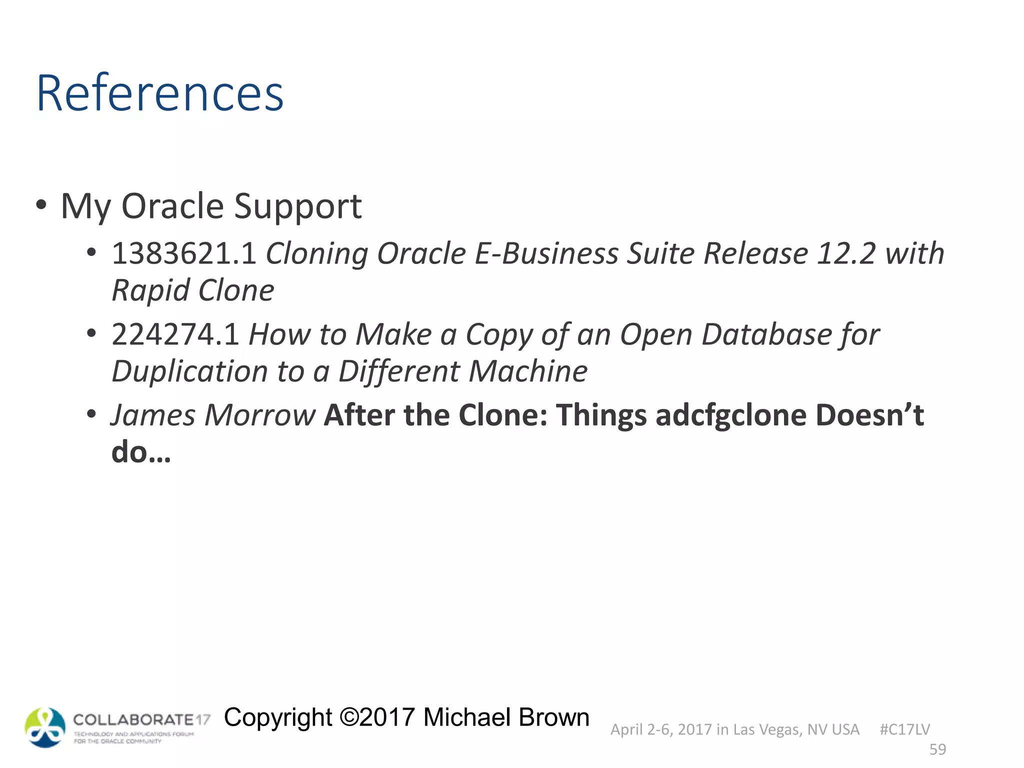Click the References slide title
[160, 93]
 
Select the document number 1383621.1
[183, 253]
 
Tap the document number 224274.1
[175, 334]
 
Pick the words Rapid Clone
[193, 290]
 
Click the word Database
[765, 334]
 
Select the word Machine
[528, 371]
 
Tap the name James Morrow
[213, 415]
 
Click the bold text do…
[141, 452]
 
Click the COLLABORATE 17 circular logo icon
[45, 727]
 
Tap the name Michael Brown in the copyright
[506, 717]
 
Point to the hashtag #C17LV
[904, 729]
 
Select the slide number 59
[937, 749]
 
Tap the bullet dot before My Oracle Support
[41, 205]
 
